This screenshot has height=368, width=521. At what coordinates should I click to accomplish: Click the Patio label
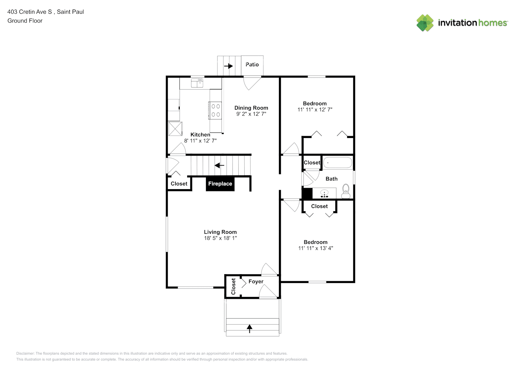pos(252,65)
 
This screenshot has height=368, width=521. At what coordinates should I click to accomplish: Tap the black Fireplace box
pos(220,184)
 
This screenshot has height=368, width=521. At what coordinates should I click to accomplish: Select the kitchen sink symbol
pos(197,83)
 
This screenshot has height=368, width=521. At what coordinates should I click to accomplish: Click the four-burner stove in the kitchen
pos(215,110)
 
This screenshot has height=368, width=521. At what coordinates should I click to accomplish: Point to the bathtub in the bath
pos(338,163)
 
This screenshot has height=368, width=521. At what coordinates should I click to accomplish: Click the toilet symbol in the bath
pos(346,191)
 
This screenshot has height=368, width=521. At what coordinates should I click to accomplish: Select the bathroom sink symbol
pos(324,193)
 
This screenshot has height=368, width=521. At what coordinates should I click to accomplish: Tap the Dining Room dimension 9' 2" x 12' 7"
pos(251,114)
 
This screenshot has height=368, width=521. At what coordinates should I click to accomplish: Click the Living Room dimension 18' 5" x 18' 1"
pos(220,238)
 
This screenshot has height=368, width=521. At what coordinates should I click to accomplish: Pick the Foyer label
pos(256,282)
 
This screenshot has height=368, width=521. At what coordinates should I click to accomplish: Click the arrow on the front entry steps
pos(249,329)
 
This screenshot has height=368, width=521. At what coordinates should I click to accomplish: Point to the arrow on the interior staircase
pos(219,165)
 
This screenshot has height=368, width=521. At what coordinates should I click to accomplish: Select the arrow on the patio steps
pos(228,66)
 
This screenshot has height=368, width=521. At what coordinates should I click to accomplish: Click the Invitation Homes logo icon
pos(425,23)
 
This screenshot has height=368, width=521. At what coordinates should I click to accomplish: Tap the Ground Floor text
pos(25,21)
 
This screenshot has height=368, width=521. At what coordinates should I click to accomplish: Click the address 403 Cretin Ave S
pos(29,12)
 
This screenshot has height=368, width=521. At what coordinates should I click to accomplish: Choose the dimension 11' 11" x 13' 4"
pos(316,248)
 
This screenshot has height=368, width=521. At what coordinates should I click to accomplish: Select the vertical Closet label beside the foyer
pos(233,286)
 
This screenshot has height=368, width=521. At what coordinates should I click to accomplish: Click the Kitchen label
pos(200,135)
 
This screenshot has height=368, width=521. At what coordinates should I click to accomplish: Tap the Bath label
pos(332,178)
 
